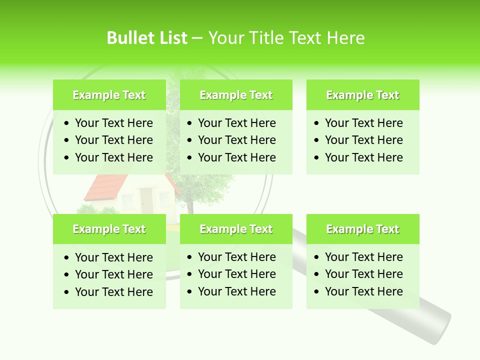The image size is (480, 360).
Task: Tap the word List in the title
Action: pyautogui.click(x=171, y=38)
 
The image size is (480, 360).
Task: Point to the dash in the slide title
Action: pyautogui.click(x=197, y=38)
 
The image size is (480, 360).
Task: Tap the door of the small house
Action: pyautogui.click(x=146, y=200)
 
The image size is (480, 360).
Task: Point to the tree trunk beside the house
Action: pyautogui.click(x=189, y=205)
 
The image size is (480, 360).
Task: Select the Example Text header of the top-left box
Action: pyautogui.click(x=109, y=95)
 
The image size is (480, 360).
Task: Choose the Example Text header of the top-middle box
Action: pyautogui.click(x=236, y=95)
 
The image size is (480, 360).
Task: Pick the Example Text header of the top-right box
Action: pyautogui.click(x=362, y=95)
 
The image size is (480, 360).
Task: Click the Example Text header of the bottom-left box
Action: pyautogui.click(x=109, y=229)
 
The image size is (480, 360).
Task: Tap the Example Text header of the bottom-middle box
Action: pyautogui.click(x=236, y=229)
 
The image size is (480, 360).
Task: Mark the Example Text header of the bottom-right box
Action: pyautogui.click(x=362, y=229)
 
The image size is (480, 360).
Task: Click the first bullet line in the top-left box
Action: pyautogui.click(x=113, y=123)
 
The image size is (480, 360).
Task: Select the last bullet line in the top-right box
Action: pyautogui.click(x=363, y=157)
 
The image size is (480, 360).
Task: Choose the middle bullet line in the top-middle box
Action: pyautogui.click(x=236, y=140)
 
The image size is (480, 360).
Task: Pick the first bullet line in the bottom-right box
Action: pyautogui.click(x=363, y=257)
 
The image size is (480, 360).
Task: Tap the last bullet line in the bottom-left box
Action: pyautogui.click(x=113, y=292)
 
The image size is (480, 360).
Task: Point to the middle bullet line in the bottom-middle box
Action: pyautogui.click(x=236, y=274)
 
